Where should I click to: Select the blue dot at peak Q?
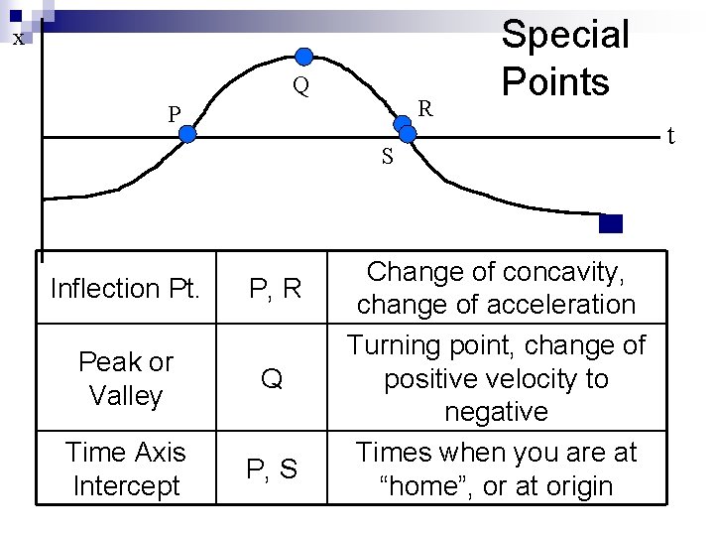tap(304, 56)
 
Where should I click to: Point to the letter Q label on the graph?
tap(300, 87)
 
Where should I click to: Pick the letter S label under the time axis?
tap(387, 157)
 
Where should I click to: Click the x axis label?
tap(18, 39)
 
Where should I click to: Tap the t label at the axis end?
tap(670, 134)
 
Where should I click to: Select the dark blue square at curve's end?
tap(611, 223)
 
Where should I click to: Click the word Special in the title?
tap(565, 35)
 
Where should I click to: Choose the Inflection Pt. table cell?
tap(125, 289)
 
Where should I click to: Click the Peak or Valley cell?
tap(125, 378)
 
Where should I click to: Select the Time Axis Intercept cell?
tap(125, 469)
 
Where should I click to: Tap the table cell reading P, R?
tap(275, 289)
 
